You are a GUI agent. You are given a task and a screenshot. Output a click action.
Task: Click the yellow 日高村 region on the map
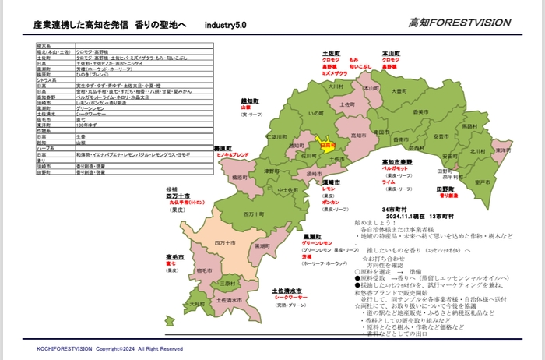click(327, 145)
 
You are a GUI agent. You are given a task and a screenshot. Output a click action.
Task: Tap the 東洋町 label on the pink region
click(501, 150)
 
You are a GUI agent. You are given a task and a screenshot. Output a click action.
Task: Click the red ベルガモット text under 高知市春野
click(396, 168)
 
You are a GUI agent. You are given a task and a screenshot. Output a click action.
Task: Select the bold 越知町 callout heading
click(249, 101)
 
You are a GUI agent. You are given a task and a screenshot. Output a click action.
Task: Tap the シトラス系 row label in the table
click(48, 80)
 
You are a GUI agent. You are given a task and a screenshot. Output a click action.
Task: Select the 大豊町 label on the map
click(399, 91)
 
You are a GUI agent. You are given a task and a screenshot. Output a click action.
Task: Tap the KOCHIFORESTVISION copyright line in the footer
click(109, 349)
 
